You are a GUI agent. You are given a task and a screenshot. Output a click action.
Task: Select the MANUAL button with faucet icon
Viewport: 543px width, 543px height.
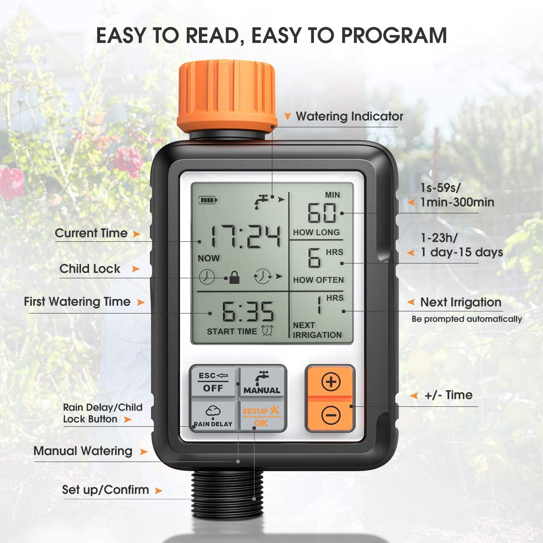pyautogui.click(x=262, y=382)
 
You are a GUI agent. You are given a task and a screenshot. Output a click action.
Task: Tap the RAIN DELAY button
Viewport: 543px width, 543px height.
pyautogui.click(x=213, y=416)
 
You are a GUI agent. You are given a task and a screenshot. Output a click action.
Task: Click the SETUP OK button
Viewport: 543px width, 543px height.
pyautogui.click(x=261, y=416)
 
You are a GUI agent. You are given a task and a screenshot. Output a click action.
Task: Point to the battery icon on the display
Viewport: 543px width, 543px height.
pyautogui.click(x=207, y=200)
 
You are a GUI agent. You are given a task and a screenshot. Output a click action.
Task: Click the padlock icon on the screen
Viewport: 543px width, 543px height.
pyautogui.click(x=234, y=277)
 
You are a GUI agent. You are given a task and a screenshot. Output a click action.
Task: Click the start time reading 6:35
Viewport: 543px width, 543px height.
pyautogui.click(x=248, y=312)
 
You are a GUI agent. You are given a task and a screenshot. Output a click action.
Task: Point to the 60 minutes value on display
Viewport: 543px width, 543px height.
pyautogui.click(x=322, y=213)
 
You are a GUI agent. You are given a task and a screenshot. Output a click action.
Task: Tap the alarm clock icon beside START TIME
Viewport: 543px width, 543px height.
pyautogui.click(x=267, y=331)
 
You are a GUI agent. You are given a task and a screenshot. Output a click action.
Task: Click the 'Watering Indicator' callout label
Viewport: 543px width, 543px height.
pyautogui.click(x=349, y=116)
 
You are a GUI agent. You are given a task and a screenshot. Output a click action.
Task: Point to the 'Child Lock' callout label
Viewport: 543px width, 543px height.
pyautogui.click(x=90, y=269)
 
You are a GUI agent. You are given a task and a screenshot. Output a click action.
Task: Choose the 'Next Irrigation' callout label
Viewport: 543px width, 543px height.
pyautogui.click(x=461, y=302)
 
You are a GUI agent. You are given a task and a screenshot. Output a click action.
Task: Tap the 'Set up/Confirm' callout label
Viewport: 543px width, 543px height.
pyautogui.click(x=105, y=490)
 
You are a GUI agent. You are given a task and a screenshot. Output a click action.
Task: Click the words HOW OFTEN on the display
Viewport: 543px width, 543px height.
pyautogui.click(x=318, y=280)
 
